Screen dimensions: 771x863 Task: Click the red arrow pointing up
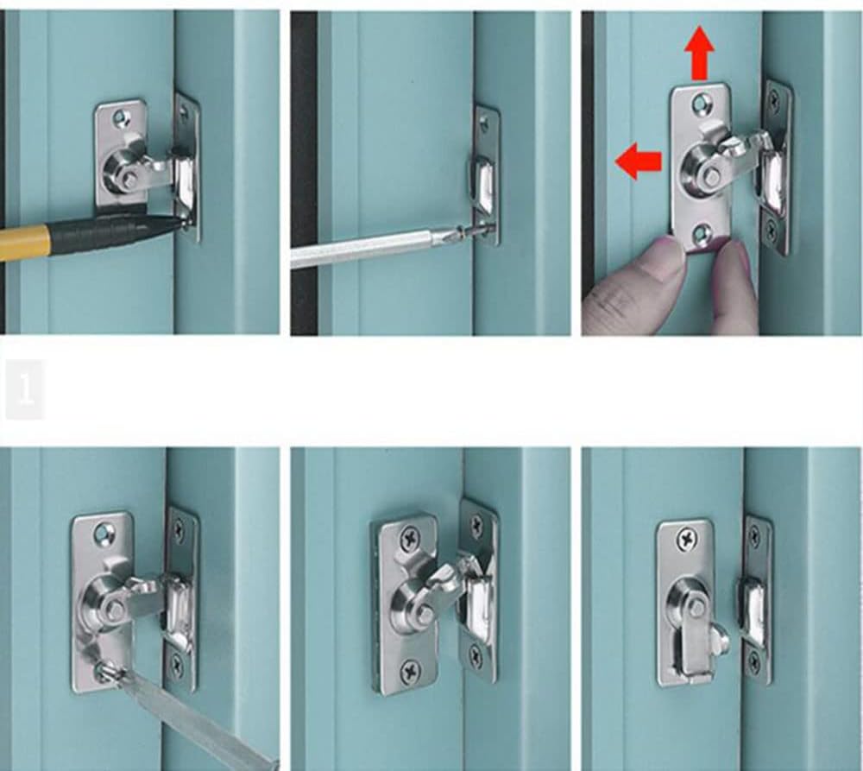click(699, 54)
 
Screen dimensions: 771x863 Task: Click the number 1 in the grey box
click(25, 389)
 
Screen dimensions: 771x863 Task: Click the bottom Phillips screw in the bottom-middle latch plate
click(410, 667)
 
